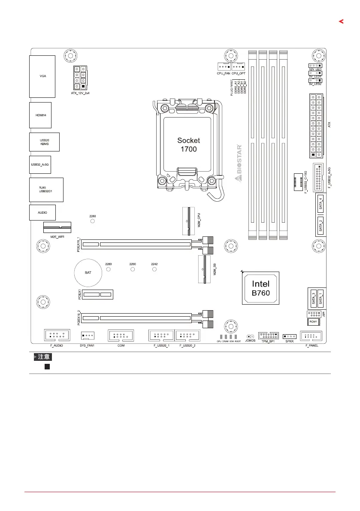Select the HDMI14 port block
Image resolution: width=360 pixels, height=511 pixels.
(40, 115)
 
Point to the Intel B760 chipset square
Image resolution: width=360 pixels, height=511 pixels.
(260, 288)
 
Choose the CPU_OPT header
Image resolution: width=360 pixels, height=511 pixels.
(239, 67)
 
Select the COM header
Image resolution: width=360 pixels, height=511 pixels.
(121, 335)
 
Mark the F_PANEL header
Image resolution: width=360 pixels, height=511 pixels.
(311, 336)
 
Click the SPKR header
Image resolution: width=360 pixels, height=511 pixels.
(289, 336)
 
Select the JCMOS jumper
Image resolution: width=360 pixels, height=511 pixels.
(250, 337)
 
